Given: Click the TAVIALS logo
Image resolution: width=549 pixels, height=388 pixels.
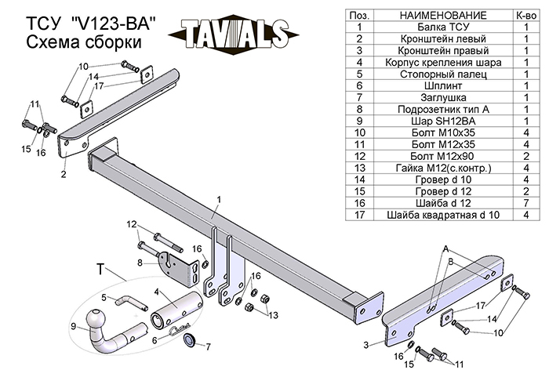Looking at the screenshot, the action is coord(234,34).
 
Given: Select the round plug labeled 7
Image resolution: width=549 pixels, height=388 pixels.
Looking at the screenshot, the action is coord(190,339).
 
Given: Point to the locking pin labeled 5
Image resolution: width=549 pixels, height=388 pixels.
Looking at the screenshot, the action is coord(131,303).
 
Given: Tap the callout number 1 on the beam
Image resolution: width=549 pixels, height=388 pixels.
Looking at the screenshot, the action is coord(219,200).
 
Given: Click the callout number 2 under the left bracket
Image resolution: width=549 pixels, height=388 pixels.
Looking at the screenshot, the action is coord(64,174).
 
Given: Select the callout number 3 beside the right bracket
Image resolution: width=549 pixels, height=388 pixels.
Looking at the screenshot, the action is coord(366,345).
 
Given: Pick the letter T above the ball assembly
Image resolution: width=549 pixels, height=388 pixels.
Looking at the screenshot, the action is coord(100,270).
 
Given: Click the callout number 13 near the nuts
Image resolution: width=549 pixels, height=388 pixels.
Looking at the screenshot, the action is coord(273,315).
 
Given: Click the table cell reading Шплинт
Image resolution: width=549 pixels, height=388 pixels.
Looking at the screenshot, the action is coord(443,85).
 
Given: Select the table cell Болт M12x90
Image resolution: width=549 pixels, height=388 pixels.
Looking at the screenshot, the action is coord(443,156).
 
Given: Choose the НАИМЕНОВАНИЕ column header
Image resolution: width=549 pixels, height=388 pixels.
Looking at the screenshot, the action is coord(443,16).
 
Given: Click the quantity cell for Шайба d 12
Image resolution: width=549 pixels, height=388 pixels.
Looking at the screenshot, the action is coord(526,203).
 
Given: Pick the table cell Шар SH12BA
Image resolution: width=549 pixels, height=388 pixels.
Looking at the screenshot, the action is coord(443,121).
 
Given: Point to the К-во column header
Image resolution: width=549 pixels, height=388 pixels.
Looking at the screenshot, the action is coord(526,16).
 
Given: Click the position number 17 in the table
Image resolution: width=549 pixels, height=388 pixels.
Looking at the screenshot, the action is coord(359,215).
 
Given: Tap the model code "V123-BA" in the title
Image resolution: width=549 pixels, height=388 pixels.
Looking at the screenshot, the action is coord(113,24).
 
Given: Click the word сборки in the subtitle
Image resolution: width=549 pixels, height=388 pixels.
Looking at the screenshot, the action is coord(113,42).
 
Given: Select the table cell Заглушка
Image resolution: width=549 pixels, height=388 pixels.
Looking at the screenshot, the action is coord(443,98).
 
